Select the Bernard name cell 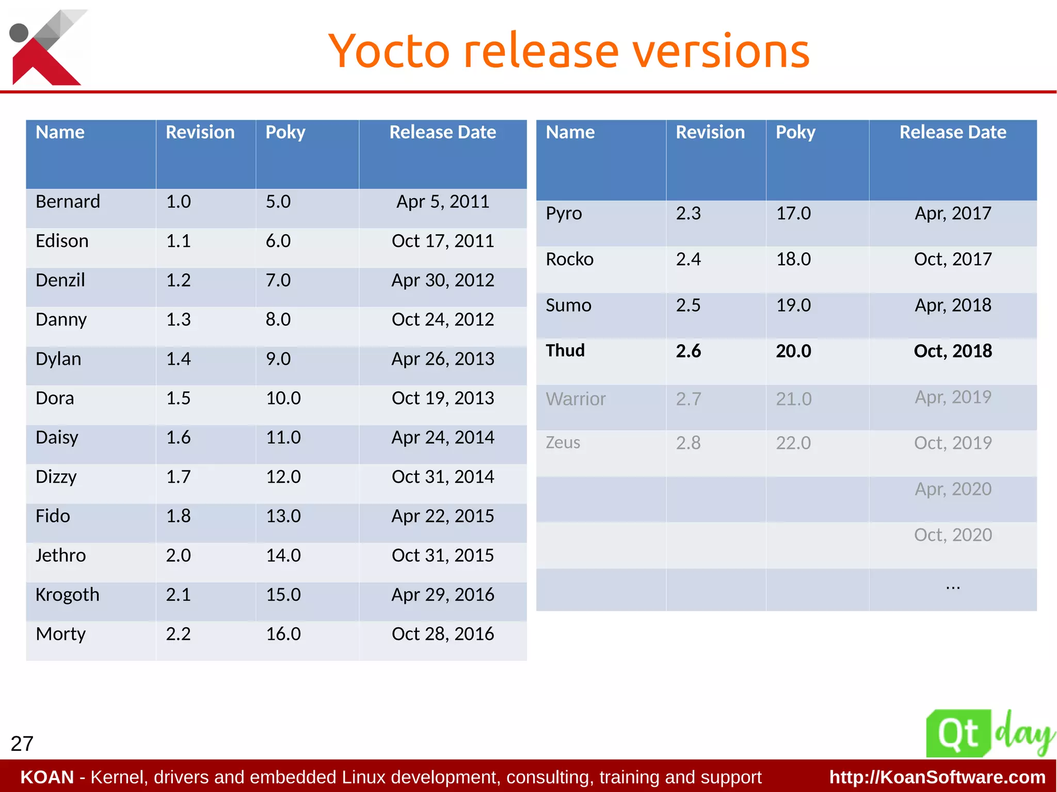tap(68, 201)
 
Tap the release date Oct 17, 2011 tap(442, 241)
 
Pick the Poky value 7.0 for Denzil tap(278, 280)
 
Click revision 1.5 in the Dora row tap(178, 398)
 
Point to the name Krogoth tap(67, 595)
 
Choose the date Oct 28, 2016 tap(442, 634)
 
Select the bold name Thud tap(565, 351)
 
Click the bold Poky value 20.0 tap(793, 351)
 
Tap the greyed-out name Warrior tap(575, 399)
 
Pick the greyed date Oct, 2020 tap(953, 535)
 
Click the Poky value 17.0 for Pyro tap(793, 213)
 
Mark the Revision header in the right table tap(710, 133)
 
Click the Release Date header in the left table tap(442, 133)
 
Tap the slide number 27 tap(22, 743)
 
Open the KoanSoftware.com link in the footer tap(937, 777)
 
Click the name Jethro tap(60, 556)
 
